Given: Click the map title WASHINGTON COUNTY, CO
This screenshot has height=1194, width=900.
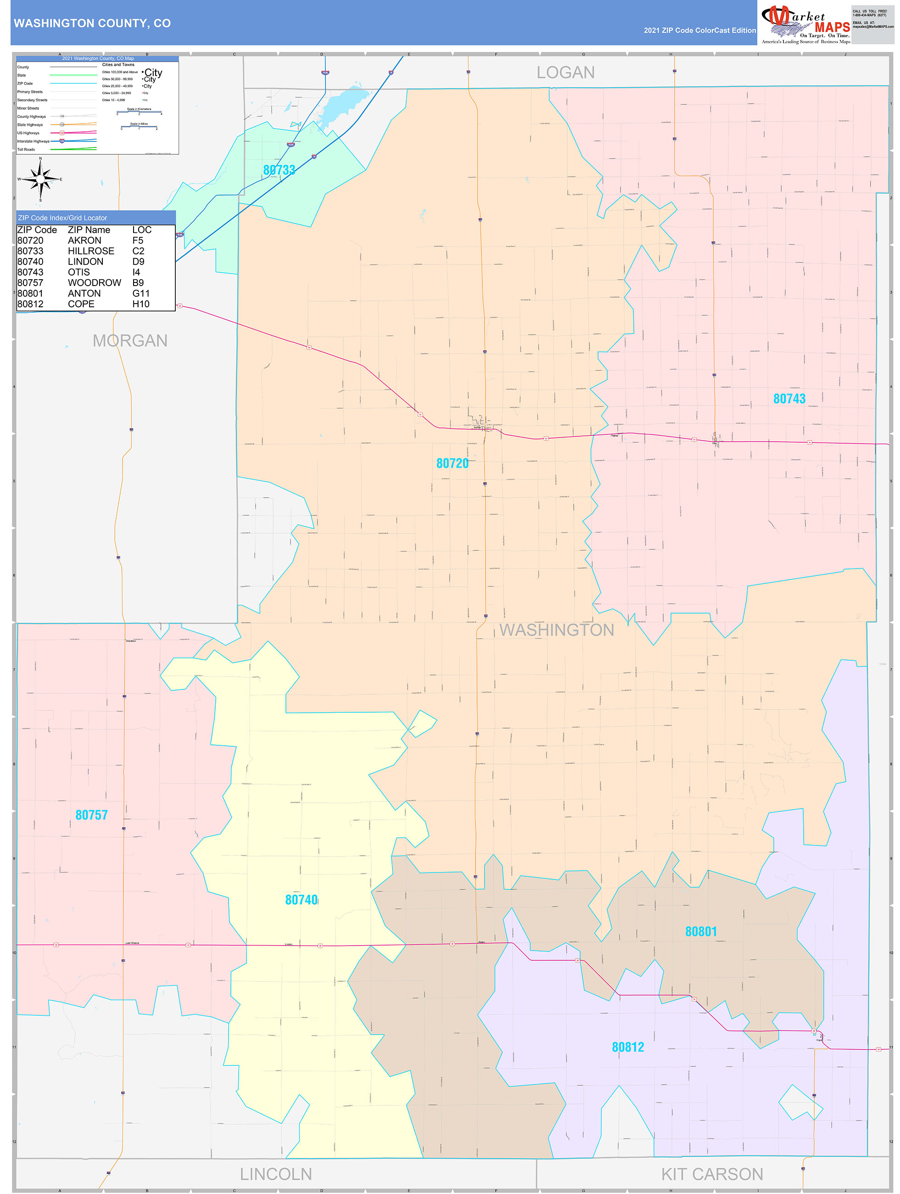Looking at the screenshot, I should click(92, 23).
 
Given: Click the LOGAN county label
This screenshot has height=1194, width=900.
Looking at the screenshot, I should click(565, 73).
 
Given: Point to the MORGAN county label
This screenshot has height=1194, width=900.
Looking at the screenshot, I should click(130, 341).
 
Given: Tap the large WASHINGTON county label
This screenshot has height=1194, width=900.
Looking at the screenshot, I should click(556, 630).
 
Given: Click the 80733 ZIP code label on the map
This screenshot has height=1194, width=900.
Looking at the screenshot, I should click(279, 170).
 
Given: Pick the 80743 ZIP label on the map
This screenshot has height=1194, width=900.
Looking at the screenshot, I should click(789, 399).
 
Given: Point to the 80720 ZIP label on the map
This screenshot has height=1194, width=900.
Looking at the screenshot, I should click(452, 463).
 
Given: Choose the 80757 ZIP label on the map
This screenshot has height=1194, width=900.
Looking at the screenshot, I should click(91, 815).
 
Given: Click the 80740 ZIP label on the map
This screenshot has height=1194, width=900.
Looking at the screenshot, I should click(301, 900).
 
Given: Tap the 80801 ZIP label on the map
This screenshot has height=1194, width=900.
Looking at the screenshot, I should click(700, 932).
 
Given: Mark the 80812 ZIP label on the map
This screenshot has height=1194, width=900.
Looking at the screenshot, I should click(627, 1047).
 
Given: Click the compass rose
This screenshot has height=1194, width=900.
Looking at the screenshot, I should click(40, 179).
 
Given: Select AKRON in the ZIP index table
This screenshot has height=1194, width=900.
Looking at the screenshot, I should click(85, 240).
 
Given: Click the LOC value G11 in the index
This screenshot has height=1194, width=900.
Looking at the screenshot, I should click(141, 293).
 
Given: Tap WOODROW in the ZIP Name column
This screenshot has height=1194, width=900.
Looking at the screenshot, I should click(95, 283).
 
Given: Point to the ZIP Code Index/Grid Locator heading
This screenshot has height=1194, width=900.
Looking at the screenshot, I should click(62, 218).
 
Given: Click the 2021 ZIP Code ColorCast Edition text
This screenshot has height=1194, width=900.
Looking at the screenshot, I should click(699, 30).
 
